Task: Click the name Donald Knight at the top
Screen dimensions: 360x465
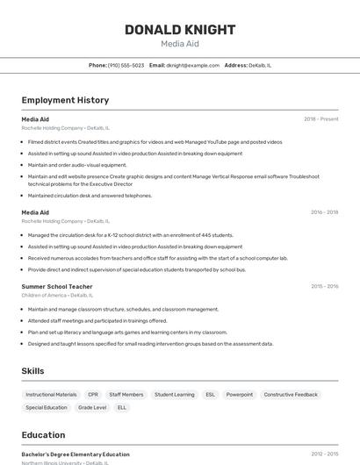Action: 180,30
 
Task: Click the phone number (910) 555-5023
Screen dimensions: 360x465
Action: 126,65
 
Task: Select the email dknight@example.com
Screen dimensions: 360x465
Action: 192,65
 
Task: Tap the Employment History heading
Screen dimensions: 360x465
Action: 65,100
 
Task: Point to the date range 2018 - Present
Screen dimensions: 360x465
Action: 320,118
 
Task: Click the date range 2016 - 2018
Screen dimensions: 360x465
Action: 324,212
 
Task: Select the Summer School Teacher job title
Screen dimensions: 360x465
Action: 57,286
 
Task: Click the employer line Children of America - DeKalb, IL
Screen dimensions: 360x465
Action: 57,296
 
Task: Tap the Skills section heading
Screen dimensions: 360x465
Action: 33,371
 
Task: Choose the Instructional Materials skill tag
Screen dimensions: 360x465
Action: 51,395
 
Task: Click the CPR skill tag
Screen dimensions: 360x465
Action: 93,395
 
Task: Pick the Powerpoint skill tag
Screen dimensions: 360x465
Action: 239,395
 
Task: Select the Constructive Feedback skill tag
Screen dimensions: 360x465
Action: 291,395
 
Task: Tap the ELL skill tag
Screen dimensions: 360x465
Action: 122,407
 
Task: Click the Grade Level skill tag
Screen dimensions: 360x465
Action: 92,407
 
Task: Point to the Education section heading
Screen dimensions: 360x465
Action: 43,434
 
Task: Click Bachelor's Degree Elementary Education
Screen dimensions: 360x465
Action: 76,454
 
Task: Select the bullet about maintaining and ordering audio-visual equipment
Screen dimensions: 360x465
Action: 77,165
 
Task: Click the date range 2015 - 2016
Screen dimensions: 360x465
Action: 324,286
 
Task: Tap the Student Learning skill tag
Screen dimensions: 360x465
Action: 175,395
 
